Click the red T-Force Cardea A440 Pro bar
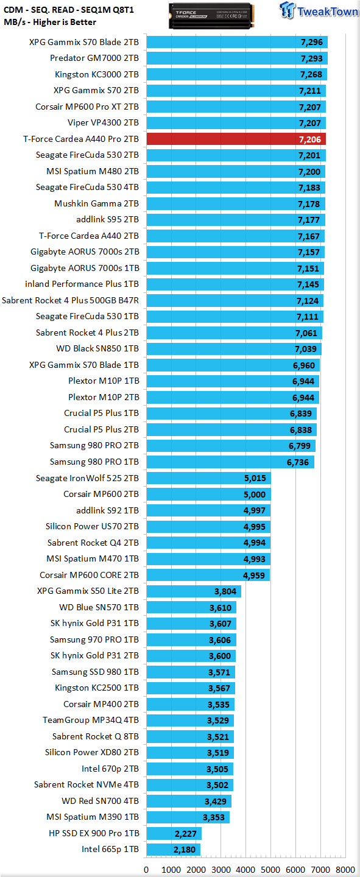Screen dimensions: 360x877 pyautogui.click(x=236, y=139)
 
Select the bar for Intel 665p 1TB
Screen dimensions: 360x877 pyautogui.click(x=174, y=850)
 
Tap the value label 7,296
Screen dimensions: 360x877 pyautogui.click(x=312, y=42)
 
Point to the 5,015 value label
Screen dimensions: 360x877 pyautogui.click(x=255, y=478)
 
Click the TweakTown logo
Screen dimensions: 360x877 pyautogui.click(x=319, y=10)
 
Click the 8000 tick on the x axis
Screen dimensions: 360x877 pyautogui.click(x=345, y=870)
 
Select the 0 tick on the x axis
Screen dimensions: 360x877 pyautogui.click(x=146, y=870)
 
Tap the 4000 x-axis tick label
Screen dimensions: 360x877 pyautogui.click(x=245, y=870)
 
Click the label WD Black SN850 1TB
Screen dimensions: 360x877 pyautogui.click(x=97, y=348)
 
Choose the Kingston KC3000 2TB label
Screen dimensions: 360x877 pyautogui.click(x=97, y=74)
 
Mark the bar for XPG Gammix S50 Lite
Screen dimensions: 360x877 pyautogui.click(x=194, y=591)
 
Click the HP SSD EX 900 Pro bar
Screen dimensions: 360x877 pyautogui.click(x=174, y=833)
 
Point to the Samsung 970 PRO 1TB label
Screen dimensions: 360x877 pyautogui.click(x=94, y=639)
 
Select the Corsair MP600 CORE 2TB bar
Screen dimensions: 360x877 pyautogui.click(x=208, y=575)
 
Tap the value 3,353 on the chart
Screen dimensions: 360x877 pyautogui.click(x=214, y=817)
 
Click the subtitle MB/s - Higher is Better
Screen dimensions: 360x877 pyautogui.click(x=50, y=22)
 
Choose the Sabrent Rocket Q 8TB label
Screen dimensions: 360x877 pyautogui.click(x=96, y=736)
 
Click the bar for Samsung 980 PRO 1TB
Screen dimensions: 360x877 pyautogui.click(x=230, y=462)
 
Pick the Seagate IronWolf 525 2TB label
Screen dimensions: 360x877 pyautogui.click(x=87, y=478)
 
